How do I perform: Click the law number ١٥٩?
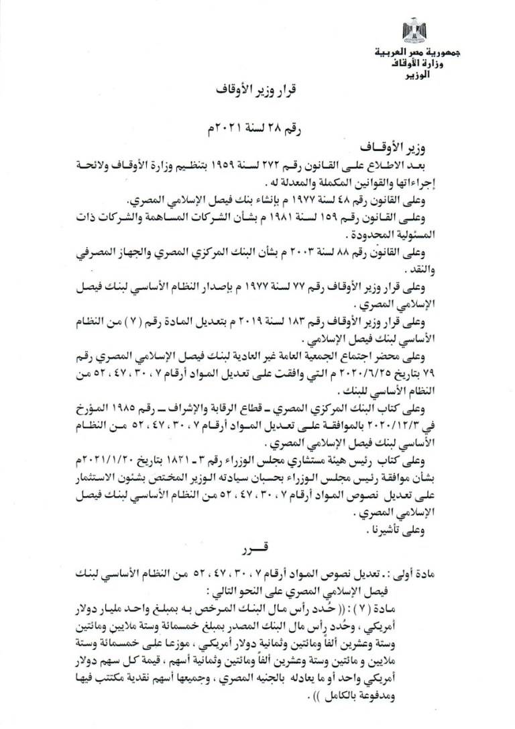(325, 219)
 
